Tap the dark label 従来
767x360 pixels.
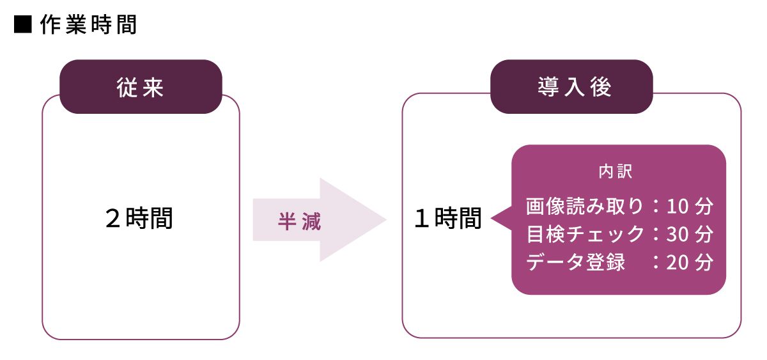click(141, 87)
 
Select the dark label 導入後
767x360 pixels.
click(571, 87)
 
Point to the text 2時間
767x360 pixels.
click(139, 219)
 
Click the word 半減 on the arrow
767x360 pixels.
click(299, 221)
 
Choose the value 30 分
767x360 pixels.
click(689, 234)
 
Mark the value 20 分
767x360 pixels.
click(689, 262)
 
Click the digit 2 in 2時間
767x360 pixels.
click(114, 219)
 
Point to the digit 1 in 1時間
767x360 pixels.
click(422, 219)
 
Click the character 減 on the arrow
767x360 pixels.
click(311, 221)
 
